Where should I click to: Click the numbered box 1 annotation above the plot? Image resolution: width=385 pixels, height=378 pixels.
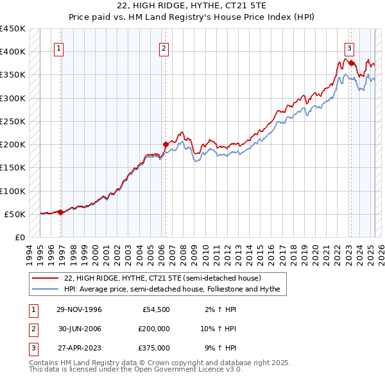(x=58, y=47)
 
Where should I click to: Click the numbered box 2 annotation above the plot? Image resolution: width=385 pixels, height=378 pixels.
(x=164, y=47)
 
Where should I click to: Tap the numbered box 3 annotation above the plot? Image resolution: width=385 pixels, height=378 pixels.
(x=350, y=47)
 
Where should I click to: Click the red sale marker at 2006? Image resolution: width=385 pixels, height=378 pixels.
(x=166, y=144)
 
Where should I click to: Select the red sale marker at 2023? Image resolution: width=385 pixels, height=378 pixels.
(x=351, y=63)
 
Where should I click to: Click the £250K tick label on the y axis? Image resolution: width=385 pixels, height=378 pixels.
(x=13, y=121)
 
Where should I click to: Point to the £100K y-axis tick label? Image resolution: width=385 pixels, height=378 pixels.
(x=13, y=191)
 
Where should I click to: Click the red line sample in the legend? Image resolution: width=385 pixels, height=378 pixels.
(x=46, y=279)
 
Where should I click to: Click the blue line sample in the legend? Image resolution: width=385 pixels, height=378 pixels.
(x=46, y=289)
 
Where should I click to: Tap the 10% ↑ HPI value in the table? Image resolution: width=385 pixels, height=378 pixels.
(x=220, y=329)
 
